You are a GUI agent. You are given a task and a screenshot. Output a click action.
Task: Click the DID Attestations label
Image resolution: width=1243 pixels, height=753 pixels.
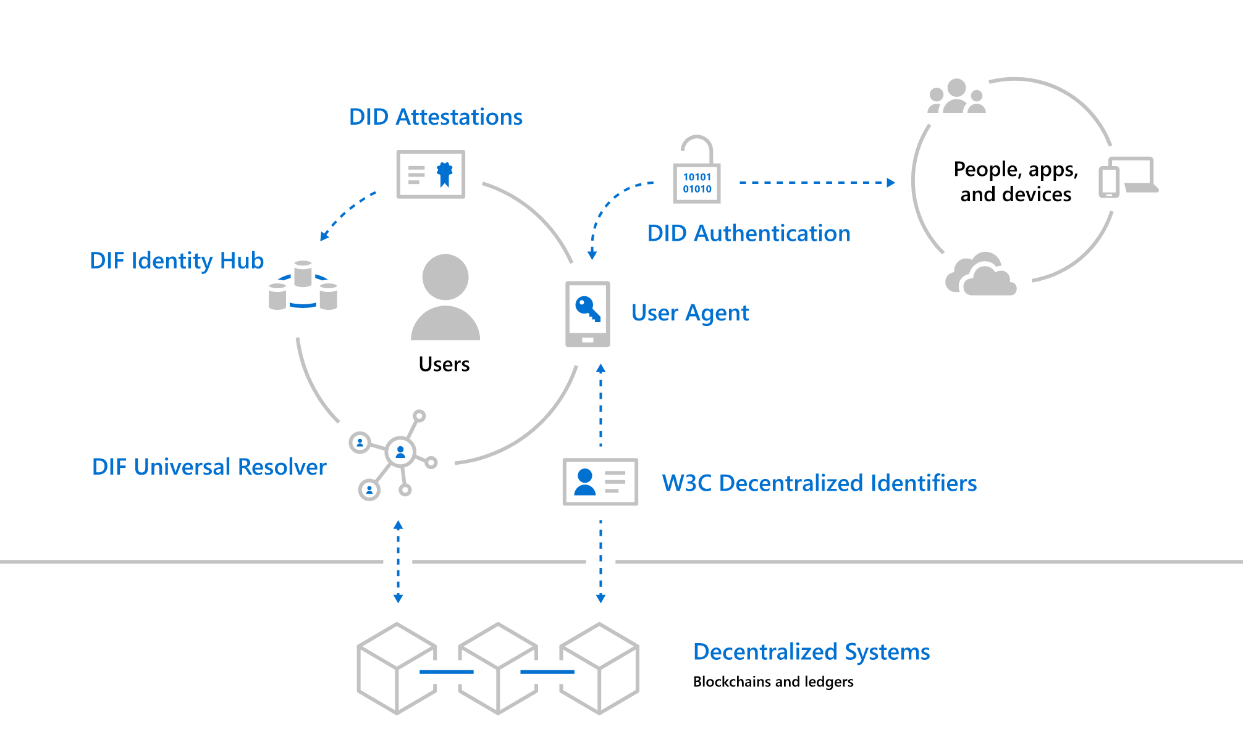[436, 117]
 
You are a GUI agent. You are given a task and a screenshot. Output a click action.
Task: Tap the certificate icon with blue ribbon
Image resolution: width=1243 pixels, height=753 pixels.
[431, 174]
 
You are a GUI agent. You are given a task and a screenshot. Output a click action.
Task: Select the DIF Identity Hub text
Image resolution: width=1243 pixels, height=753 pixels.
[177, 260]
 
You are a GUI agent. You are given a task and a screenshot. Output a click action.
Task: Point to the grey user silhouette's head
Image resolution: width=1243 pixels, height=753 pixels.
[445, 277]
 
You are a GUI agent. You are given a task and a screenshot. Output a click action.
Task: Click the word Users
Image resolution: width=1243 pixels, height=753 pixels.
[444, 364]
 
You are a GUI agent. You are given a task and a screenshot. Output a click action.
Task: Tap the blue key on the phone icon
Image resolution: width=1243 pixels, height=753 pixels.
[586, 307]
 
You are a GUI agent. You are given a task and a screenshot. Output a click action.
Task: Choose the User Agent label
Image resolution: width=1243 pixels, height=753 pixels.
[689, 313]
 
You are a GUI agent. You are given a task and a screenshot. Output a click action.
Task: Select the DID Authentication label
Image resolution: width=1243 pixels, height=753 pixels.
[748, 233]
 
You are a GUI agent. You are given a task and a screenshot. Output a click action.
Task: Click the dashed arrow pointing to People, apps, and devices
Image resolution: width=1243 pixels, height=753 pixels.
[815, 183]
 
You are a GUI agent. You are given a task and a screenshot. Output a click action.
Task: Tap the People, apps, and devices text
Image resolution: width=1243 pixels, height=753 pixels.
[1015, 181]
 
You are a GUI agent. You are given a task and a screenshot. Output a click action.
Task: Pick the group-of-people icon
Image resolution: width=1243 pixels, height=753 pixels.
[956, 97]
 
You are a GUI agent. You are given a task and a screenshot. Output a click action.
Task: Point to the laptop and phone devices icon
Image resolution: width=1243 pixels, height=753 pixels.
[1128, 177]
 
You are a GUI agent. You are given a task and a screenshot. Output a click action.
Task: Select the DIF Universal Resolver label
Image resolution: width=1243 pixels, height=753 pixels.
[209, 467]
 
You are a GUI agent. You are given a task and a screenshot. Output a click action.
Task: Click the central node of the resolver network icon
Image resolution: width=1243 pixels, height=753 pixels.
[400, 452]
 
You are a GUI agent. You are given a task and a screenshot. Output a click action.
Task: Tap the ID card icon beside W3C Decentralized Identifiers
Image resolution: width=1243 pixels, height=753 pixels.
[600, 481]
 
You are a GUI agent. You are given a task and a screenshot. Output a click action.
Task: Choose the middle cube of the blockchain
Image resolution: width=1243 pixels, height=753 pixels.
[498, 668]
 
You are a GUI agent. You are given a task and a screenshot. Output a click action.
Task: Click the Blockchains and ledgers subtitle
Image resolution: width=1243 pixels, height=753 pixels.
[773, 681]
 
